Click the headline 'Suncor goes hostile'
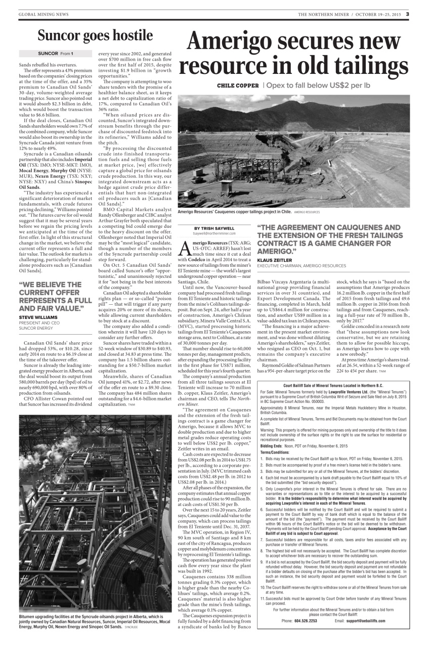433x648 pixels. tap(95, 35)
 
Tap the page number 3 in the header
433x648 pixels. tap(407, 14)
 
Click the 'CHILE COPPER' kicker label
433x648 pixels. tap(237, 86)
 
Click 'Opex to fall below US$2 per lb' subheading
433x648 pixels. tap(318, 86)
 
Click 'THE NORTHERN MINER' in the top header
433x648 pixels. tap(323, 14)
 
